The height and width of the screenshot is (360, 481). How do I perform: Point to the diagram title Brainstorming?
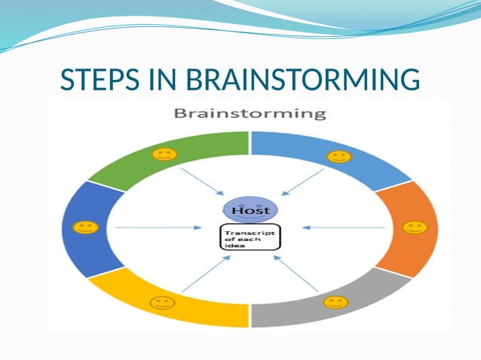pos(250,114)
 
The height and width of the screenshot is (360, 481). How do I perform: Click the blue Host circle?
pos(250,209)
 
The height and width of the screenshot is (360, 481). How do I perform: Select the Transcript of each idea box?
pos(250,238)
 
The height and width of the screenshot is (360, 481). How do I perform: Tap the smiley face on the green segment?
pos(163,155)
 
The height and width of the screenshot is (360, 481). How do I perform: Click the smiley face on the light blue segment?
pos(339,157)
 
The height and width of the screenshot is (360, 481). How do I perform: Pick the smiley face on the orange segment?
pos(412,227)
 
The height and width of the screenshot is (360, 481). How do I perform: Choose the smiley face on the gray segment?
pos(335,302)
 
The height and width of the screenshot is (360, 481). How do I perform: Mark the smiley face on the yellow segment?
pos(161,303)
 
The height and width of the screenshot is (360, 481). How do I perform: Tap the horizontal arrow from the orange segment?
pos(343,227)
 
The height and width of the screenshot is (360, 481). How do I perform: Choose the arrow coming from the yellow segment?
pos(204,274)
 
